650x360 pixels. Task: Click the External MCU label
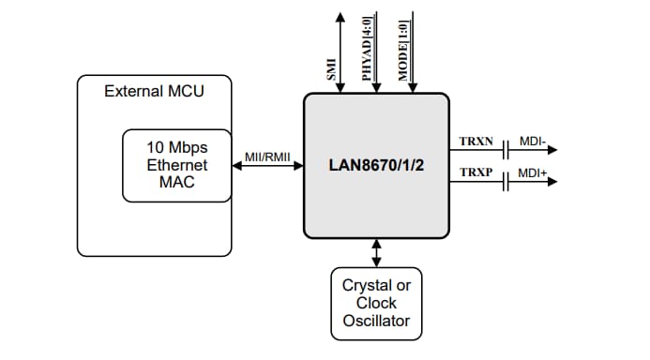(154, 91)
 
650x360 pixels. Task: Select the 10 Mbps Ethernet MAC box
(176, 165)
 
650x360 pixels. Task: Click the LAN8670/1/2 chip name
(376, 165)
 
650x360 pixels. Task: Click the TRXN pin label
(476, 141)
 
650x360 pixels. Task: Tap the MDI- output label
(532, 141)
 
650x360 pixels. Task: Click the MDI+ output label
(533, 174)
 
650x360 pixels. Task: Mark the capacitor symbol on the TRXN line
(506, 149)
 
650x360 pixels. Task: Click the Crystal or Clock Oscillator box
(376, 303)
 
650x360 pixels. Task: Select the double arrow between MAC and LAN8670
(267, 166)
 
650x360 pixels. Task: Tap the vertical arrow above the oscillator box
(377, 252)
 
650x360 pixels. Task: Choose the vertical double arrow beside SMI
(341, 52)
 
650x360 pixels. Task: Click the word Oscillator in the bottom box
(376, 321)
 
